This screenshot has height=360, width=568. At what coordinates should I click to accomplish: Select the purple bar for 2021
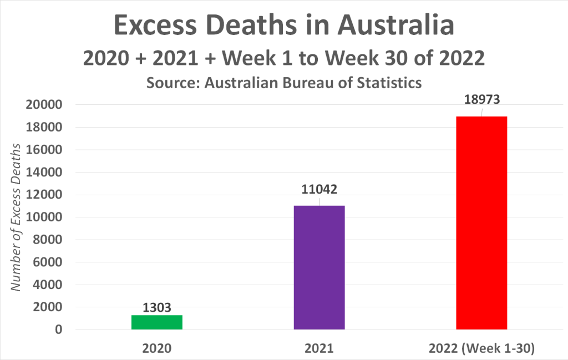coord(319,267)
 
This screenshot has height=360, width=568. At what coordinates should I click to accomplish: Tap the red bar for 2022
coord(481,223)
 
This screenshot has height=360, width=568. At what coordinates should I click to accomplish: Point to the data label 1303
coord(157,307)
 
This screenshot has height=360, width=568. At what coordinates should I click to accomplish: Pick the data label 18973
coord(481,100)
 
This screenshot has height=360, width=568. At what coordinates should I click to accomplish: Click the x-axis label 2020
coord(157,349)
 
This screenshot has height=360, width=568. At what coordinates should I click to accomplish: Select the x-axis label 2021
coord(319,349)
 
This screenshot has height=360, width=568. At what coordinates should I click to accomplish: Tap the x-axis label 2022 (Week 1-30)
coord(481,349)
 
